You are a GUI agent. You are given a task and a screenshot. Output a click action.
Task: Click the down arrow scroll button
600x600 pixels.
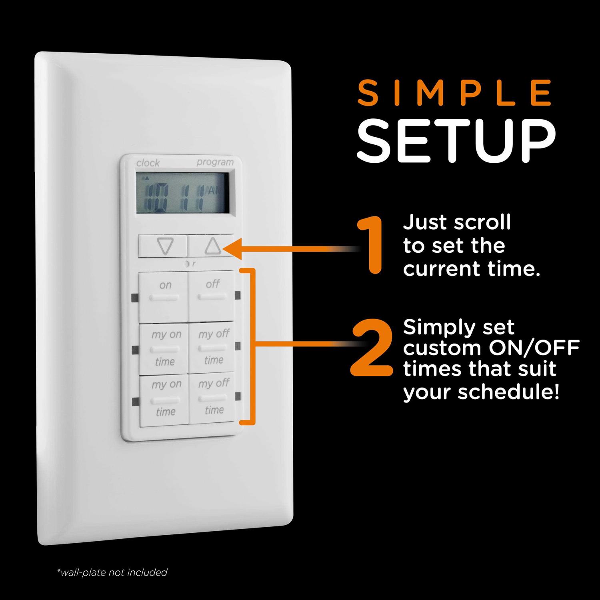coord(163,246)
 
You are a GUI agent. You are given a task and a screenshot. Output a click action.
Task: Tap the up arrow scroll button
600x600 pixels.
coord(211,245)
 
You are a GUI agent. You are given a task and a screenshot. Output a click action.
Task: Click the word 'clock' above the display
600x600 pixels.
coord(148,163)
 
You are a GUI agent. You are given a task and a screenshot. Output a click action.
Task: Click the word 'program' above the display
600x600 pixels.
coord(215,162)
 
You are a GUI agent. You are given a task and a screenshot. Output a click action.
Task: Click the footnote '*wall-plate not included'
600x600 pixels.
coord(112,572)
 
